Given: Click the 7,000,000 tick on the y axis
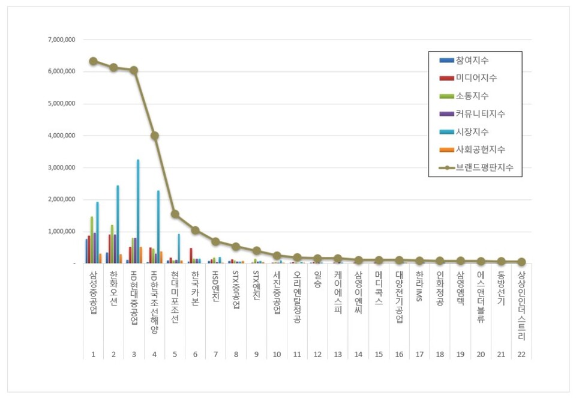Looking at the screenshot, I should click(x=62, y=40).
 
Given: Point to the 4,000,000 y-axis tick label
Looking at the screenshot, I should click(x=62, y=136).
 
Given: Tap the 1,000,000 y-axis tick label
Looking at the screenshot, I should click(x=62, y=231).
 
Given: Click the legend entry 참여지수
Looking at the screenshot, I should click(x=472, y=60).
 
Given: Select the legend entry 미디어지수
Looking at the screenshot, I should click(x=476, y=78).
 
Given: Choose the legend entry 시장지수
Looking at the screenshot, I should click(x=472, y=131).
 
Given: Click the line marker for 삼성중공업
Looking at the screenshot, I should click(x=94, y=61).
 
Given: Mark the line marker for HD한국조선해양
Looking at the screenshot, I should click(x=155, y=136).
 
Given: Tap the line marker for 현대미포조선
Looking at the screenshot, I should click(x=175, y=214).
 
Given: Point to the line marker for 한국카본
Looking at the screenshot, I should click(x=196, y=230).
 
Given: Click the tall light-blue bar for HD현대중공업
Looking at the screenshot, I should click(x=138, y=210).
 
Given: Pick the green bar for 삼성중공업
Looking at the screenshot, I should click(x=92, y=240).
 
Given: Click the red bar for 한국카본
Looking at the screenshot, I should click(x=191, y=255).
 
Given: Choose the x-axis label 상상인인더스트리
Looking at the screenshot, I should click(x=521, y=306).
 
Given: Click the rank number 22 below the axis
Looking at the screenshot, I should click(x=521, y=354).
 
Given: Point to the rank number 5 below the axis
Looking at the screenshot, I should click(x=175, y=354).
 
